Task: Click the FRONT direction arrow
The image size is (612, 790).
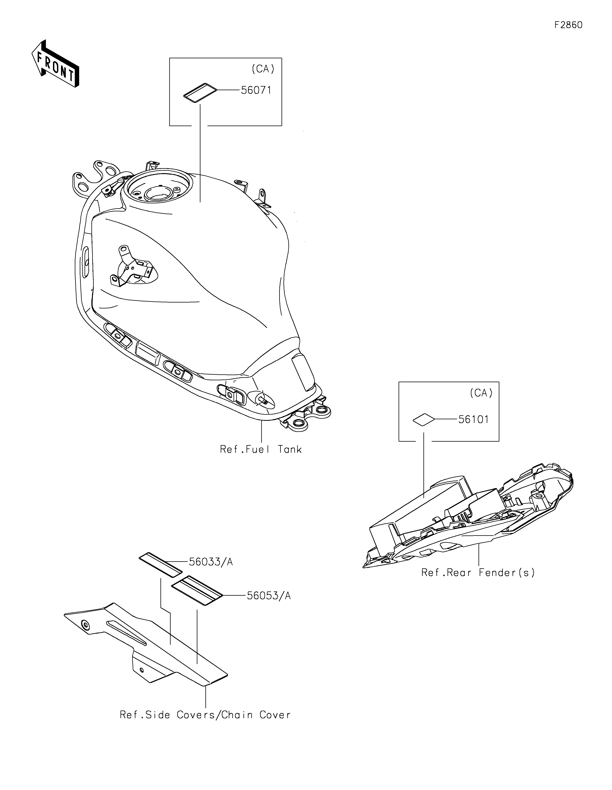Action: [55, 64]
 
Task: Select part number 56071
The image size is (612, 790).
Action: [256, 90]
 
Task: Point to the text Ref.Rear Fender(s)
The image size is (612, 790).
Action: [478, 573]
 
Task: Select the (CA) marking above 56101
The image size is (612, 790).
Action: [481, 393]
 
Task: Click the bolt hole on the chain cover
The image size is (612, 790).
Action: [85, 624]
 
